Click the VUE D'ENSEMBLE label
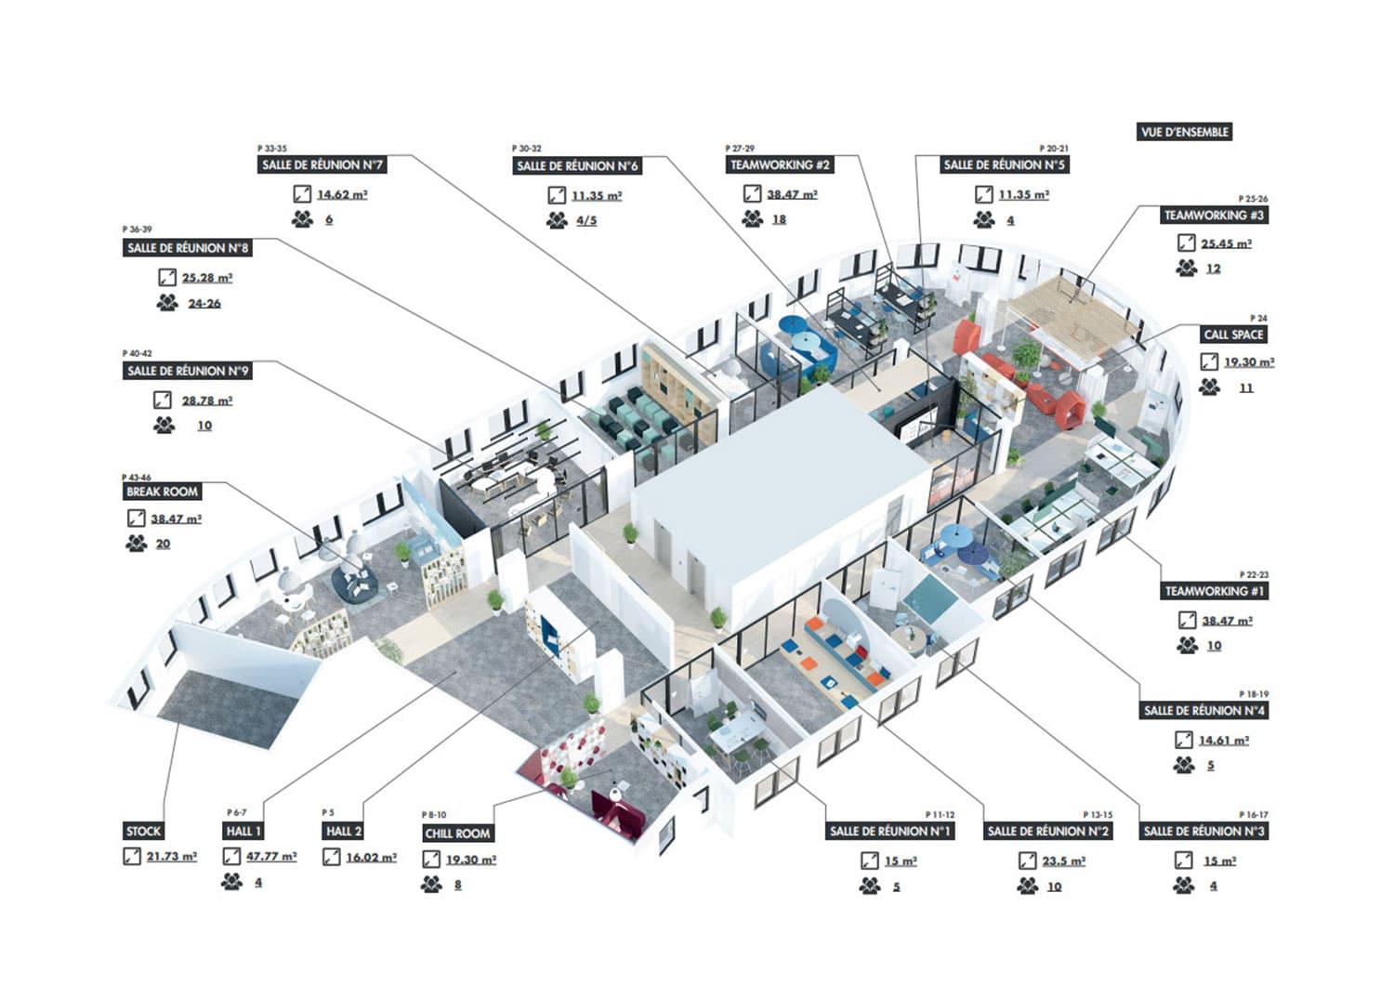coord(1185,132)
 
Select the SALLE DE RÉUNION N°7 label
coord(322,164)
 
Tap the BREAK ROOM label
coord(163,492)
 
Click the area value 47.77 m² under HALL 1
coord(270,857)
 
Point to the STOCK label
coord(143,831)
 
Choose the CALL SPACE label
coord(1233,335)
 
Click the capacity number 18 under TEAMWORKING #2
coord(779,219)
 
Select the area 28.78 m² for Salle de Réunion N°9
coord(206,401)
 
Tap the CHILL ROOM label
coord(457,834)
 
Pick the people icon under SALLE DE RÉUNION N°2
coord(1027,886)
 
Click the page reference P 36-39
coord(137,229)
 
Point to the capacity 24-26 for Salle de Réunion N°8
coord(204,303)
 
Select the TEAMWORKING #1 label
coord(1215,591)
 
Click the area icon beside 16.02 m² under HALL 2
coord(331,858)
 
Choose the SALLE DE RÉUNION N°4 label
coord(1204,710)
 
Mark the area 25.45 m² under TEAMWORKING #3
coord(1226,243)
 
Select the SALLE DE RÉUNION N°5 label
coord(1004,164)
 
